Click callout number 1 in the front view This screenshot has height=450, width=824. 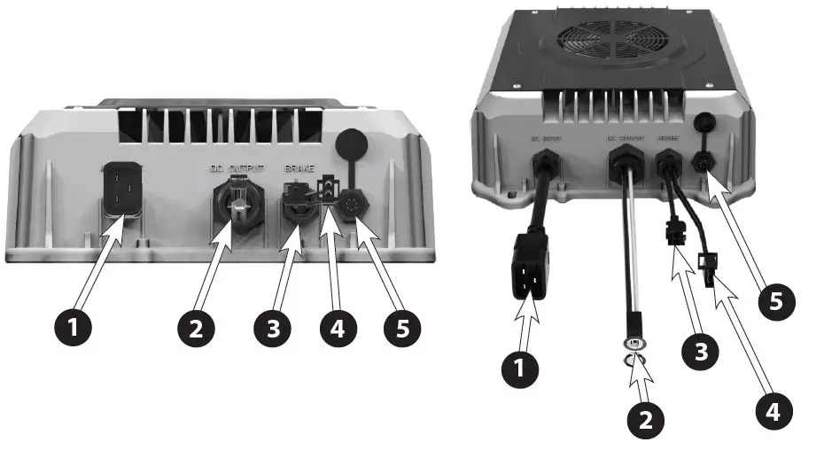(74, 329)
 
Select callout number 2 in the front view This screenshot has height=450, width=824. (196, 329)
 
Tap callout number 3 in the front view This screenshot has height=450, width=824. (273, 329)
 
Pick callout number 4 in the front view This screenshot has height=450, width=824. (338, 329)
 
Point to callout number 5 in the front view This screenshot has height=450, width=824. (402, 329)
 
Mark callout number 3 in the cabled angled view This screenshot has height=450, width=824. (701, 350)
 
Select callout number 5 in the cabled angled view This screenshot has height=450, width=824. (776, 300)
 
